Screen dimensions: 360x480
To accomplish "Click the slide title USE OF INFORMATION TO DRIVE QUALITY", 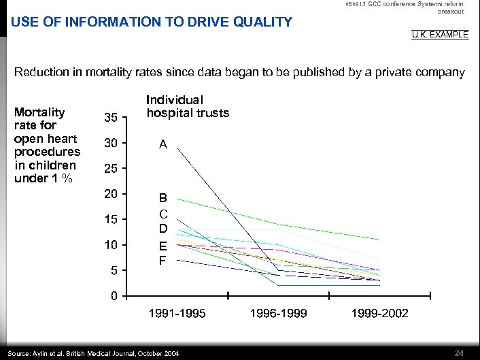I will [151, 22].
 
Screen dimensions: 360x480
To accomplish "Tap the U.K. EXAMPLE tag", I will [440, 34].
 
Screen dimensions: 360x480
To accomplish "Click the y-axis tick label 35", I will [111, 118].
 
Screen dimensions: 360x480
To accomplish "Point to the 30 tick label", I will [111, 143].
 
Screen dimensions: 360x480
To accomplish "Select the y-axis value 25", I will [111, 168].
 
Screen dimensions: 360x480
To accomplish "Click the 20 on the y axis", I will [111, 194].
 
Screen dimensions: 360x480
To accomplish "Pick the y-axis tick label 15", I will [111, 219].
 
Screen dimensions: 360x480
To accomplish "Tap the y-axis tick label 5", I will [114, 271].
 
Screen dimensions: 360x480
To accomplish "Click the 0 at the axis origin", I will [114, 297].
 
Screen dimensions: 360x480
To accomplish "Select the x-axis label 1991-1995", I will [177, 313].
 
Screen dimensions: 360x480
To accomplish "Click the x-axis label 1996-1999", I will [278, 313].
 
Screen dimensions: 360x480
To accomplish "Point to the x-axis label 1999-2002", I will [380, 313].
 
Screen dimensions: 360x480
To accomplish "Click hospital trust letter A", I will [163, 144].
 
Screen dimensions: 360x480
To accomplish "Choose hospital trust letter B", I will [163, 199].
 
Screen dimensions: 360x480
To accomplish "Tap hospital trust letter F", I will [163, 260].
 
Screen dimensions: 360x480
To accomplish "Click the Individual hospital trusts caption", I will [188, 105].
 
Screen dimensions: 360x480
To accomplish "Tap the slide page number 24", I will [459, 352].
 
